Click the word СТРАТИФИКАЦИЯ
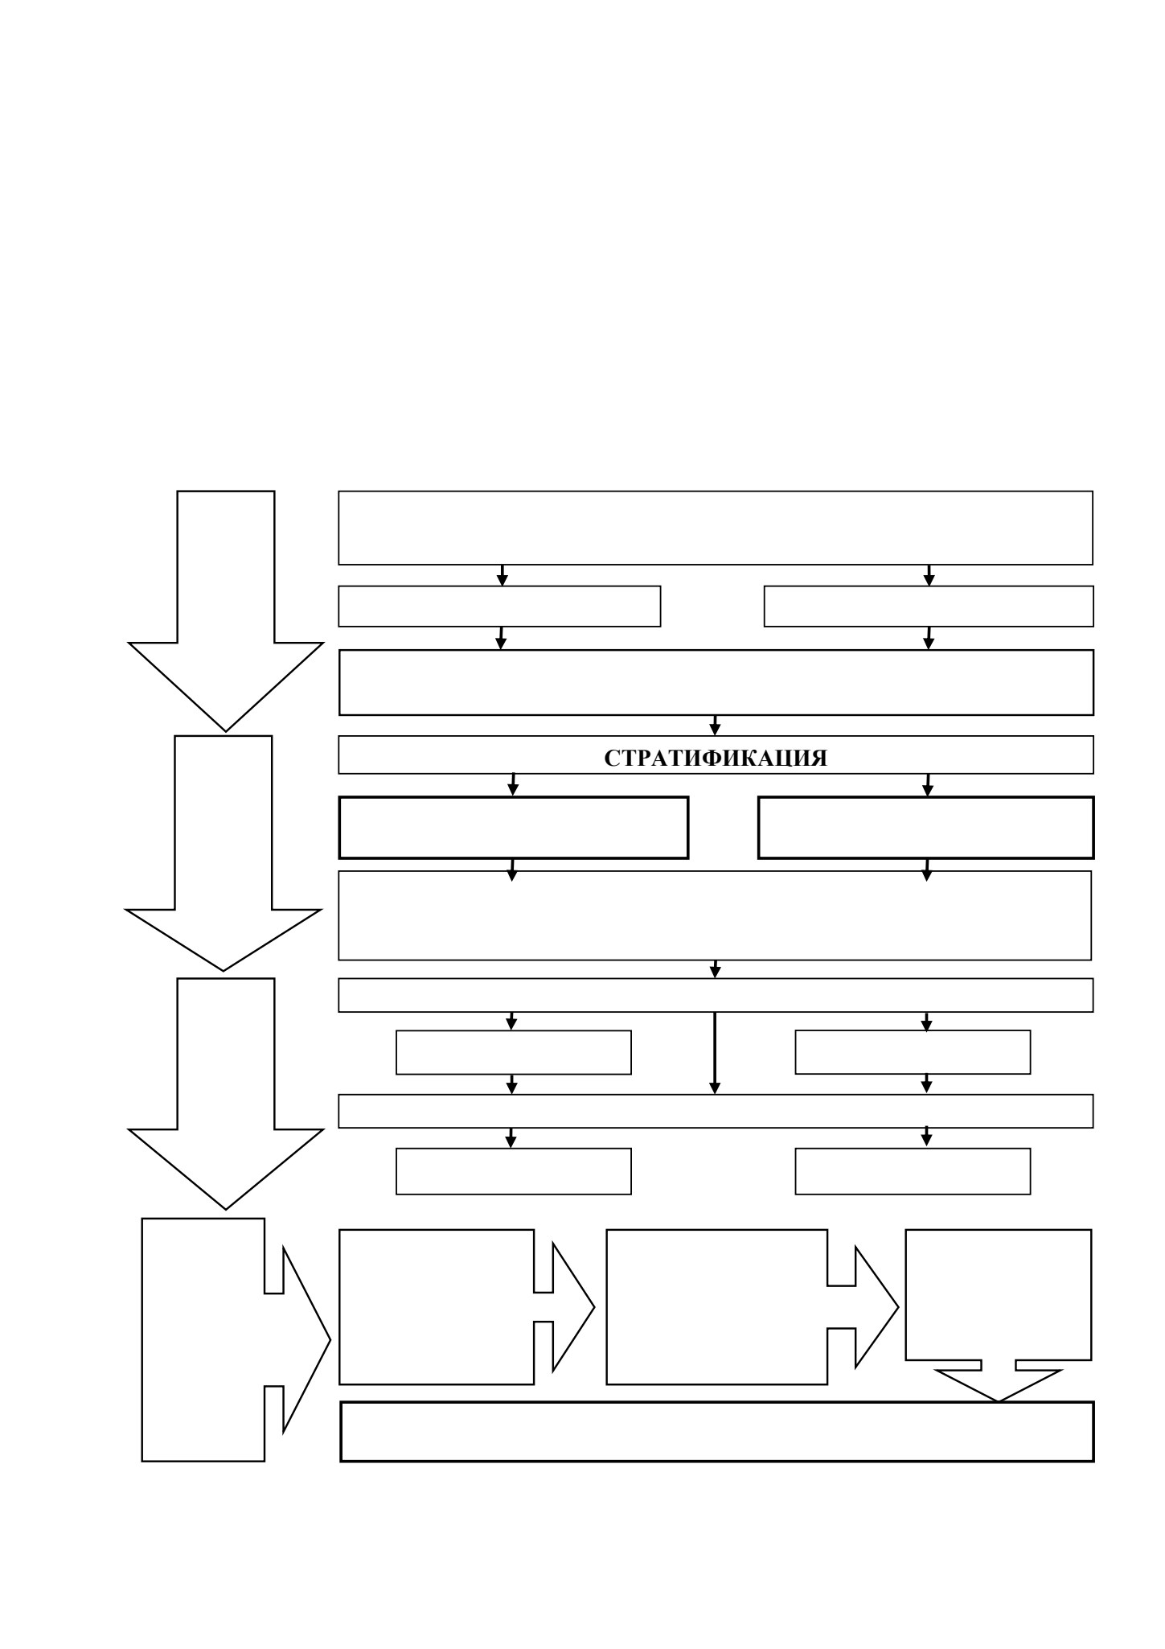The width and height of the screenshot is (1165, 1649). [x=716, y=759]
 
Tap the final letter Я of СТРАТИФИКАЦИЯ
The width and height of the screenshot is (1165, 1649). [x=818, y=759]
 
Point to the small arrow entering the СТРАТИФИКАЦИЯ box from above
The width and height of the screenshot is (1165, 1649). [x=715, y=725]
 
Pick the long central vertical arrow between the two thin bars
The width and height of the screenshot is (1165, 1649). [x=715, y=1053]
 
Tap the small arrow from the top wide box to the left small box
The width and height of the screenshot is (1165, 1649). [x=503, y=575]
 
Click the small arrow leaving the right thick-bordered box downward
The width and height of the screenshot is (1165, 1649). [x=926, y=870]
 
